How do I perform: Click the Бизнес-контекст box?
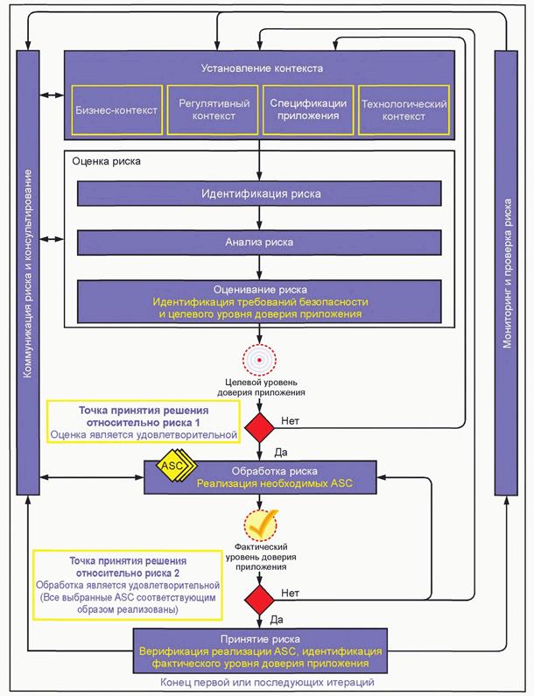pyautogui.click(x=116, y=110)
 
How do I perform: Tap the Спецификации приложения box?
pyautogui.click(x=309, y=109)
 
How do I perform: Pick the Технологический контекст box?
pyautogui.click(x=404, y=109)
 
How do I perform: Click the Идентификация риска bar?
pyautogui.click(x=261, y=193)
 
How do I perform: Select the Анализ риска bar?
pyautogui.click(x=261, y=242)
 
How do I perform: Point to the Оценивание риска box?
pyautogui.click(x=261, y=301)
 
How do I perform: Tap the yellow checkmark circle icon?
pyautogui.click(x=260, y=525)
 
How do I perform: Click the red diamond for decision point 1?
pyautogui.click(x=260, y=427)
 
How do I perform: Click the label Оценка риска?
pyautogui.click(x=104, y=163)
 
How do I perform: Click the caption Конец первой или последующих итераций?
pyautogui.click(x=260, y=682)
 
